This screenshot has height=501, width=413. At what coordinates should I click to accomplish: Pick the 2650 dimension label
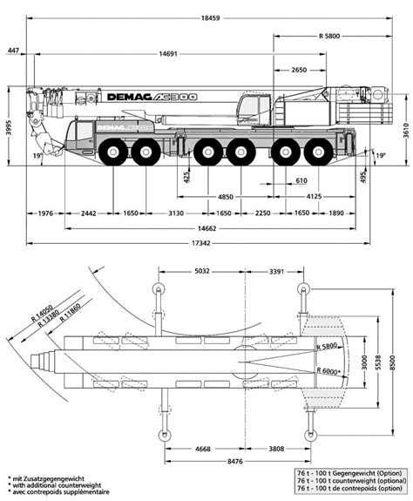click(x=298, y=69)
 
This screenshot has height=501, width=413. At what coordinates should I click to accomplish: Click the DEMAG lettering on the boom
click(x=130, y=98)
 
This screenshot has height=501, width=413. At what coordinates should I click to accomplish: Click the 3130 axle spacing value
click(x=175, y=213)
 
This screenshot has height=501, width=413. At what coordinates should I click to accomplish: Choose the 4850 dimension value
click(x=227, y=196)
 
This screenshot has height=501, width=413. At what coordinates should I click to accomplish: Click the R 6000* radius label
click(x=328, y=370)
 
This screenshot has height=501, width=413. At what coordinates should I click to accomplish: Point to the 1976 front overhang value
click(x=46, y=213)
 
